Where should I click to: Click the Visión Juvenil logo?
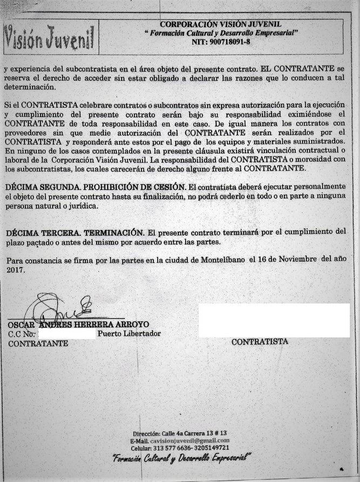(49, 37)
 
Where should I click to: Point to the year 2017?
(15, 270)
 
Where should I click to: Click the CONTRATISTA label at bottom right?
(260, 342)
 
